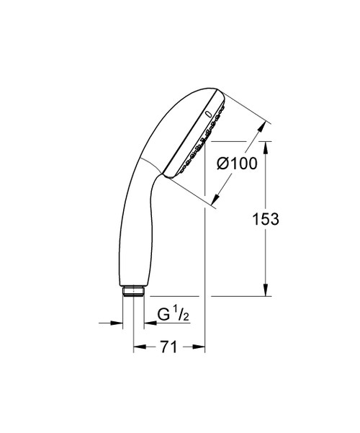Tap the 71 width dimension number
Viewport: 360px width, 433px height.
pos(168,348)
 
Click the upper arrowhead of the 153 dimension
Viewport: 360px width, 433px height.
pos(268,145)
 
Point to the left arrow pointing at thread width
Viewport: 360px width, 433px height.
pos(117,322)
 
